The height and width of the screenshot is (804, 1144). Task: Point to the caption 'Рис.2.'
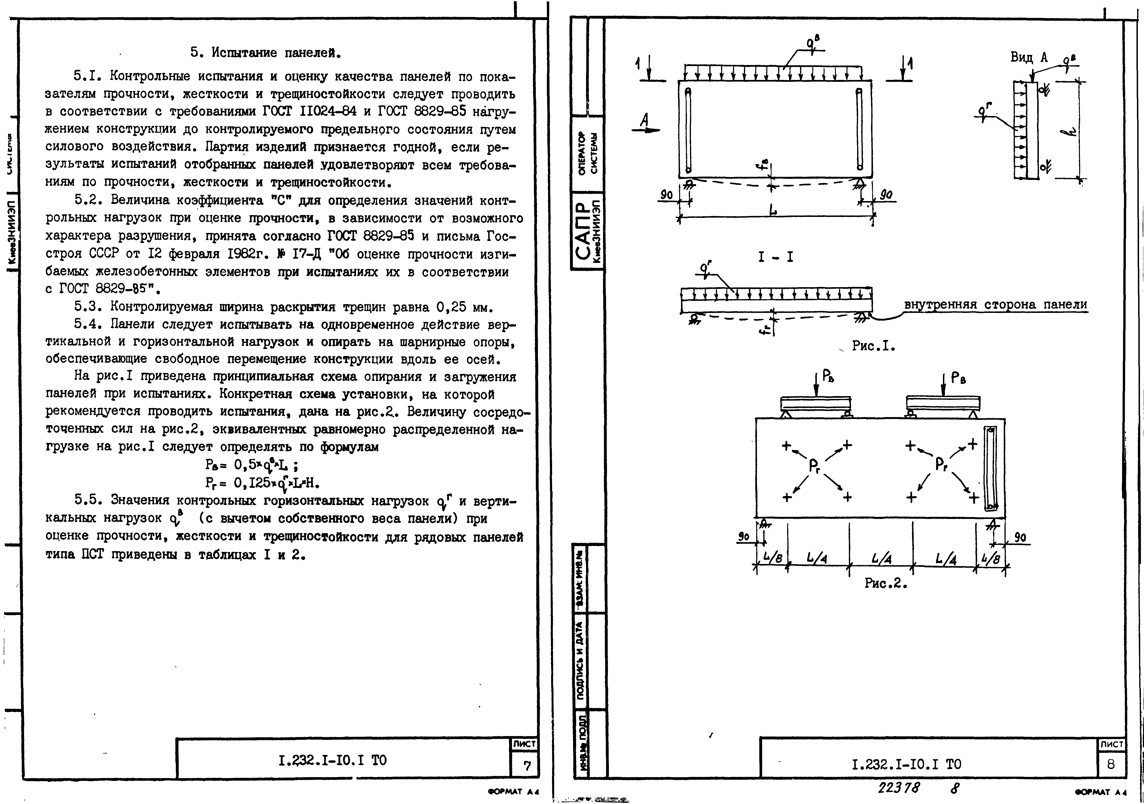pyautogui.click(x=885, y=583)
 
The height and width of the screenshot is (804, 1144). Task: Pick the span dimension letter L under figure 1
pyautogui.click(x=772, y=210)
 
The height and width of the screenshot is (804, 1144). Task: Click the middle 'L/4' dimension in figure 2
pyautogui.click(x=881, y=559)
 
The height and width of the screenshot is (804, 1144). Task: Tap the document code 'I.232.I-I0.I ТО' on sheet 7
pyautogui.click(x=332, y=761)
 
